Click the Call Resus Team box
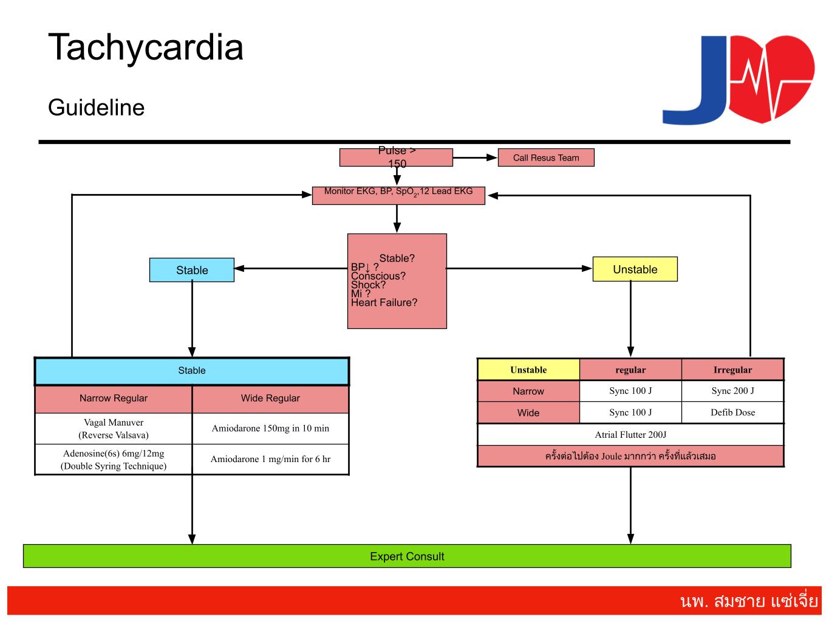pos(545,157)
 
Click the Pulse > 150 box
pos(396,157)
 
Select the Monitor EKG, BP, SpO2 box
pos(398,195)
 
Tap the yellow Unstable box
pos(635,269)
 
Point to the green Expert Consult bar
pos(407,556)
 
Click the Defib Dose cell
pos(732,412)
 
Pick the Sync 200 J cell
pos(732,391)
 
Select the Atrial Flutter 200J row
pos(630,435)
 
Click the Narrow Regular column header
pos(114,398)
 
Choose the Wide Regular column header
pos(270,398)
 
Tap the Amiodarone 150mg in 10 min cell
pos(270,429)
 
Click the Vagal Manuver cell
pos(114,429)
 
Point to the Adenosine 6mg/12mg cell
pos(114,460)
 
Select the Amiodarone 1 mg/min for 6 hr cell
pos(270,460)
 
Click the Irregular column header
pos(732,370)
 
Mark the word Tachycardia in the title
pos(146,47)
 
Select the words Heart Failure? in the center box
pos(384,303)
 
